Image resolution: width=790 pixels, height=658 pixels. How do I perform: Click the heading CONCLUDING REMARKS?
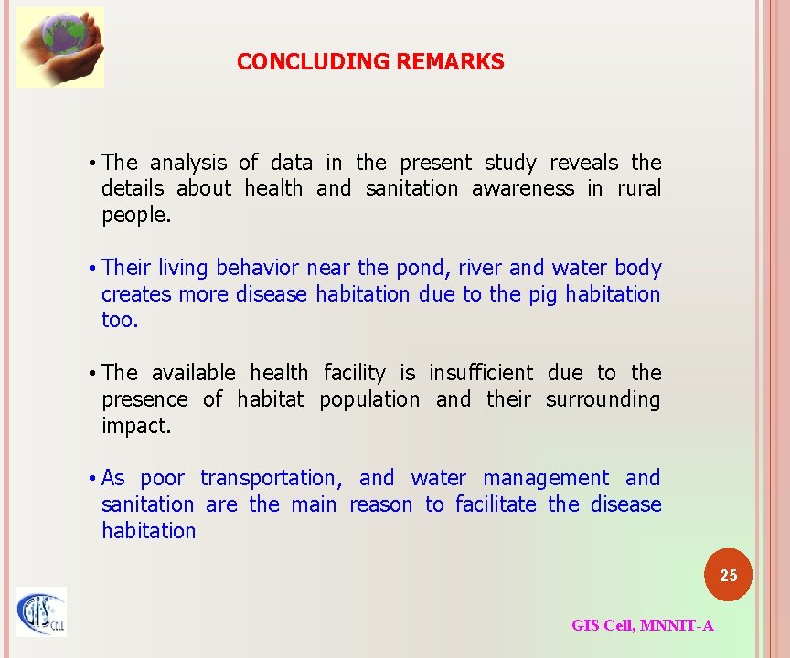click(x=369, y=62)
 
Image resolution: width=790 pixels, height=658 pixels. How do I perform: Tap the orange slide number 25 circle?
click(x=728, y=576)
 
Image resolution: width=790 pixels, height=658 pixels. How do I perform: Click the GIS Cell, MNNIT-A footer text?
click(x=642, y=626)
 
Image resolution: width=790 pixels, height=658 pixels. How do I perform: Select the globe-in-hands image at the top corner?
click(x=60, y=47)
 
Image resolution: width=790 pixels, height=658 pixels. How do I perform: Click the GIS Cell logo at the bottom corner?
click(x=41, y=611)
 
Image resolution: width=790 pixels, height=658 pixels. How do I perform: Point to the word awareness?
click(x=523, y=189)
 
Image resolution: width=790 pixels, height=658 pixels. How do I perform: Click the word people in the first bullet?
click(x=135, y=216)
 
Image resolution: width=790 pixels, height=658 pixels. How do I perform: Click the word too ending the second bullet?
click(x=119, y=321)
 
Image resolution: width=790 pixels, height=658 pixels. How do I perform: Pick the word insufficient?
click(x=480, y=374)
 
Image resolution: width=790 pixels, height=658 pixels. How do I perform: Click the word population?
click(x=369, y=400)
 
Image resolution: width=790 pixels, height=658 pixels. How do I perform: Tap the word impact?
click(x=135, y=426)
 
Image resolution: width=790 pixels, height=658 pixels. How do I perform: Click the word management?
click(x=546, y=479)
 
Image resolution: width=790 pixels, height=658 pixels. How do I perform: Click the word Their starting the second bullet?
click(x=127, y=269)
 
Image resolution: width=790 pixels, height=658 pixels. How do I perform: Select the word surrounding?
click(x=603, y=400)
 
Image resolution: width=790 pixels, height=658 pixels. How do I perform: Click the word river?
click(x=479, y=269)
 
